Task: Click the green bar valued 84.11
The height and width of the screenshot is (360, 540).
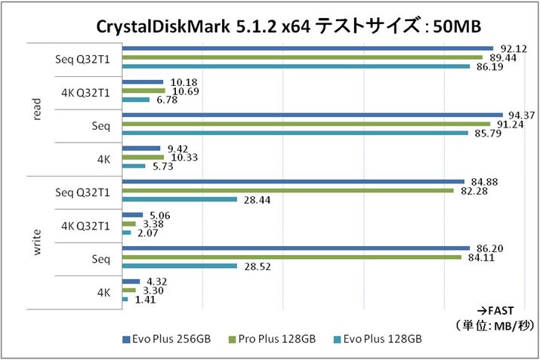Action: pyautogui.click(x=292, y=257)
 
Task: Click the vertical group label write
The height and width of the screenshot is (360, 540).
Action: pyautogui.click(x=37, y=241)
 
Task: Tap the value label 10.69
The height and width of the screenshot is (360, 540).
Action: pyautogui.click(x=183, y=91)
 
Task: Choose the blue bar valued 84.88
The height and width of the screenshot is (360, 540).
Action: pyautogui.click(x=293, y=181)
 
